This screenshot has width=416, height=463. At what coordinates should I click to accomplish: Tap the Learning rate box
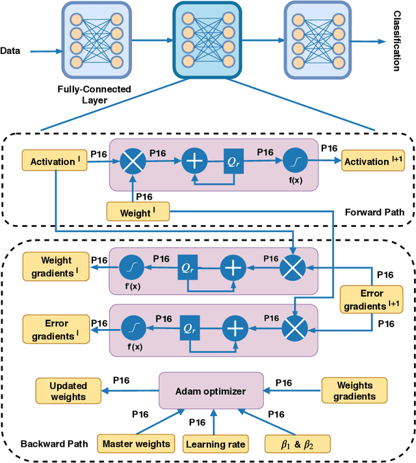tap(215, 444)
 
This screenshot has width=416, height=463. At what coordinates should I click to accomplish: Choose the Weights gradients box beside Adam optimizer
tap(354, 391)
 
